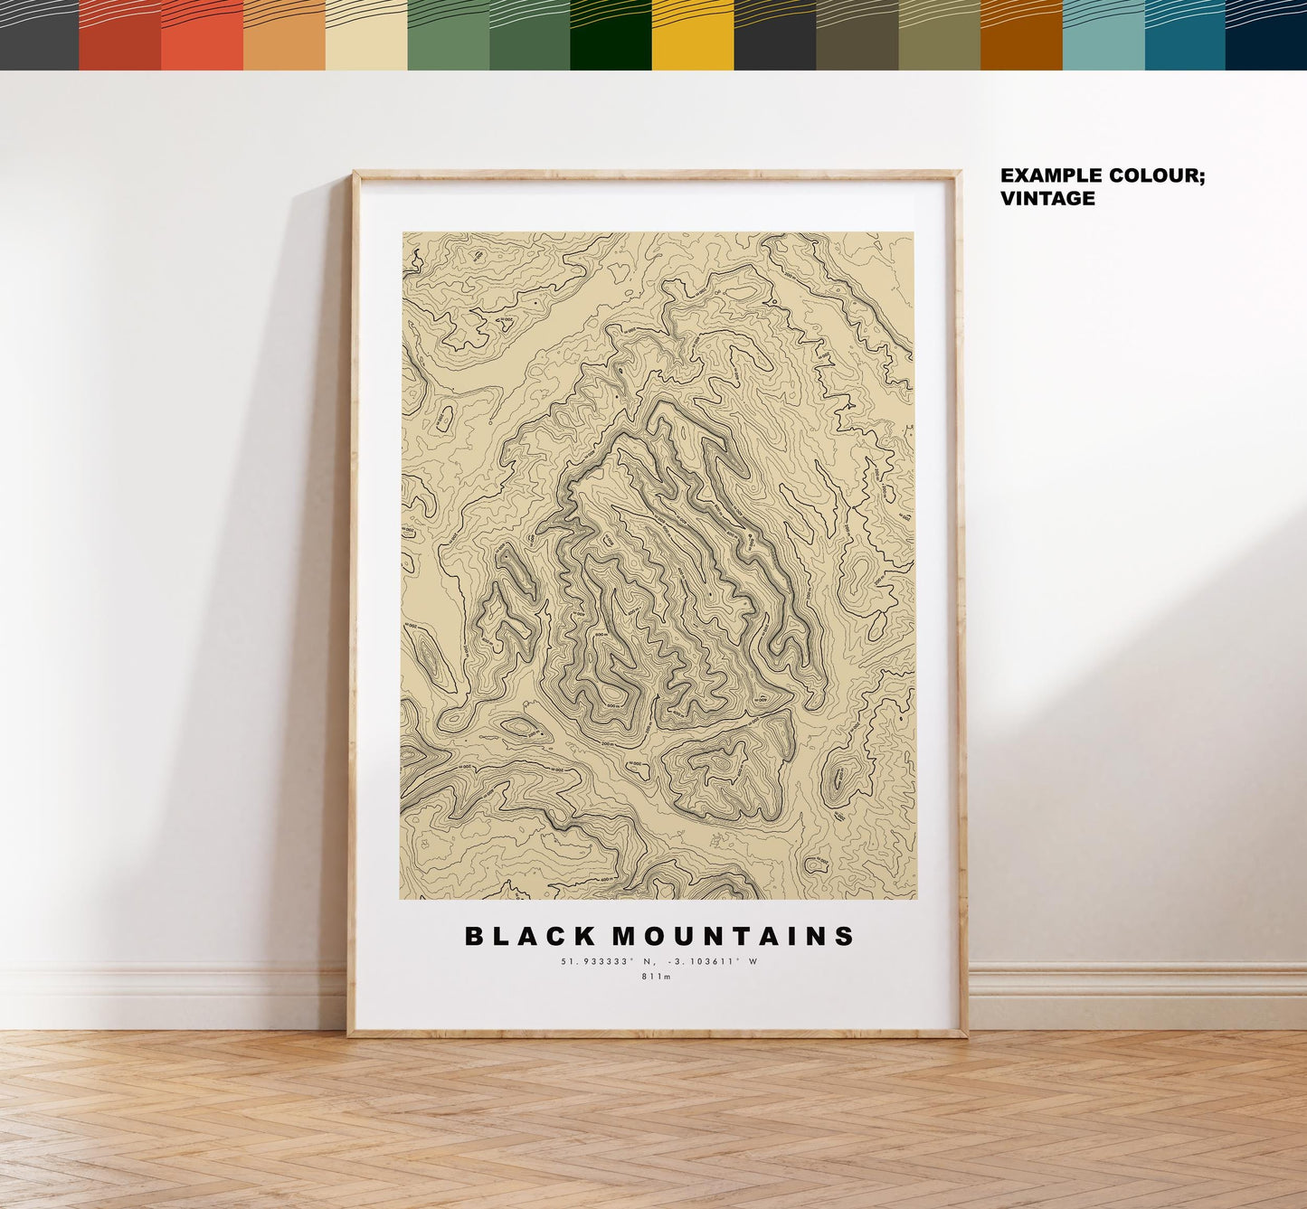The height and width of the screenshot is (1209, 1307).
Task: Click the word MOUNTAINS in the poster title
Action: (734, 936)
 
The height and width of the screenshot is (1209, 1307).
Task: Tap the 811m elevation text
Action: (657, 977)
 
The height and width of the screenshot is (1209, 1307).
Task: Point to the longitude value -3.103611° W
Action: (714, 961)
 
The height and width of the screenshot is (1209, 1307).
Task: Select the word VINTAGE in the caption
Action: (1047, 198)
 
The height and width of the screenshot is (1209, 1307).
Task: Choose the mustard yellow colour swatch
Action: (693, 36)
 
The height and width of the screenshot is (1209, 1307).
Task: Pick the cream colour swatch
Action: (366, 36)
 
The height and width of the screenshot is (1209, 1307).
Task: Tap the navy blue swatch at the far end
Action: (1266, 36)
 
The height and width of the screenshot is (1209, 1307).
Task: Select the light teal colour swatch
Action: (1103, 36)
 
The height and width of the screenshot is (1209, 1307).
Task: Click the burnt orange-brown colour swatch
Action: (1021, 36)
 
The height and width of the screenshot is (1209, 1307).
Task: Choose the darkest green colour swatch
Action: (611, 36)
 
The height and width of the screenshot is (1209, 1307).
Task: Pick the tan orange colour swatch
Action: (284, 36)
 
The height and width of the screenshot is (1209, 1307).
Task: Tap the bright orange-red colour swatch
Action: (202, 36)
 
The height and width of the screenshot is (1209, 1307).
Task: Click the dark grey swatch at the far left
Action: (39, 36)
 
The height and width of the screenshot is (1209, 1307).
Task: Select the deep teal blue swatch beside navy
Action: (1185, 36)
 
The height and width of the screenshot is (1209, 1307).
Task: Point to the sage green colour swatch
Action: (448, 36)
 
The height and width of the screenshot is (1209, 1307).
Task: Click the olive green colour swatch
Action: (939, 36)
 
